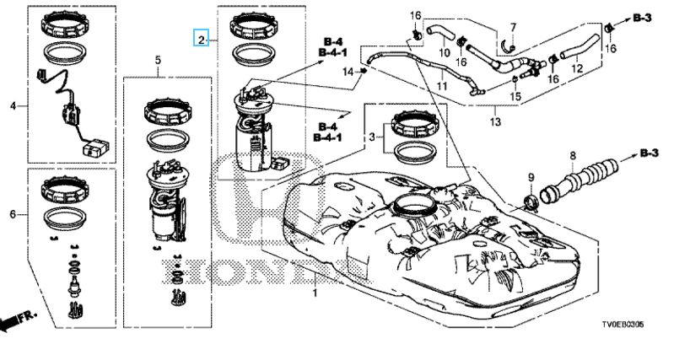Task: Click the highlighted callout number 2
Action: coord(202,40)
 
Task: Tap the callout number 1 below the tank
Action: coord(315,293)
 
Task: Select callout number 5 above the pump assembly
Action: coord(159,61)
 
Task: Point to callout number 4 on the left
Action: coord(13,106)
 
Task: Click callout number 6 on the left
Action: coord(13,214)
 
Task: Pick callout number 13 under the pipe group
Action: coord(495,121)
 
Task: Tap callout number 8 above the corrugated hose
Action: coord(573,155)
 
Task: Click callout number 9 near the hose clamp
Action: coord(531,178)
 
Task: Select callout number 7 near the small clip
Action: coord(513,28)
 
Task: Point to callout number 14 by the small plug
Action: coord(348,72)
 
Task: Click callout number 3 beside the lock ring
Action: coord(372,137)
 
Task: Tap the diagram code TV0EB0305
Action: coord(623,325)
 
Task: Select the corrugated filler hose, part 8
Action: coord(579,180)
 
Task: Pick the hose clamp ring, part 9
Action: coord(531,201)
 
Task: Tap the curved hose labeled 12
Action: coord(580,48)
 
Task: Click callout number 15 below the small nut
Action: coord(515,96)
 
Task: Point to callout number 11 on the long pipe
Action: coord(442,86)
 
